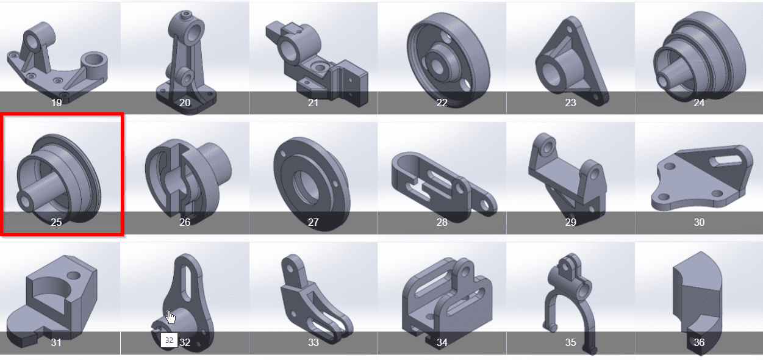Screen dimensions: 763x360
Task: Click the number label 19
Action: pos(57,103)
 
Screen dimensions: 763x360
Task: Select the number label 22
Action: pos(442,103)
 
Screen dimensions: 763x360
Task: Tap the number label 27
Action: pos(313,222)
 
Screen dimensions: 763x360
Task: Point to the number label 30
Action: pos(699,222)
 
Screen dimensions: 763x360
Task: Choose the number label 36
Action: pos(699,342)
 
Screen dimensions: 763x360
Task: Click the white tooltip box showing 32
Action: pos(170,340)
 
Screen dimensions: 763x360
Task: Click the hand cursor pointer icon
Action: pos(171,317)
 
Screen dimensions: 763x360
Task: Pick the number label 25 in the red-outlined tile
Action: pos(57,222)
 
